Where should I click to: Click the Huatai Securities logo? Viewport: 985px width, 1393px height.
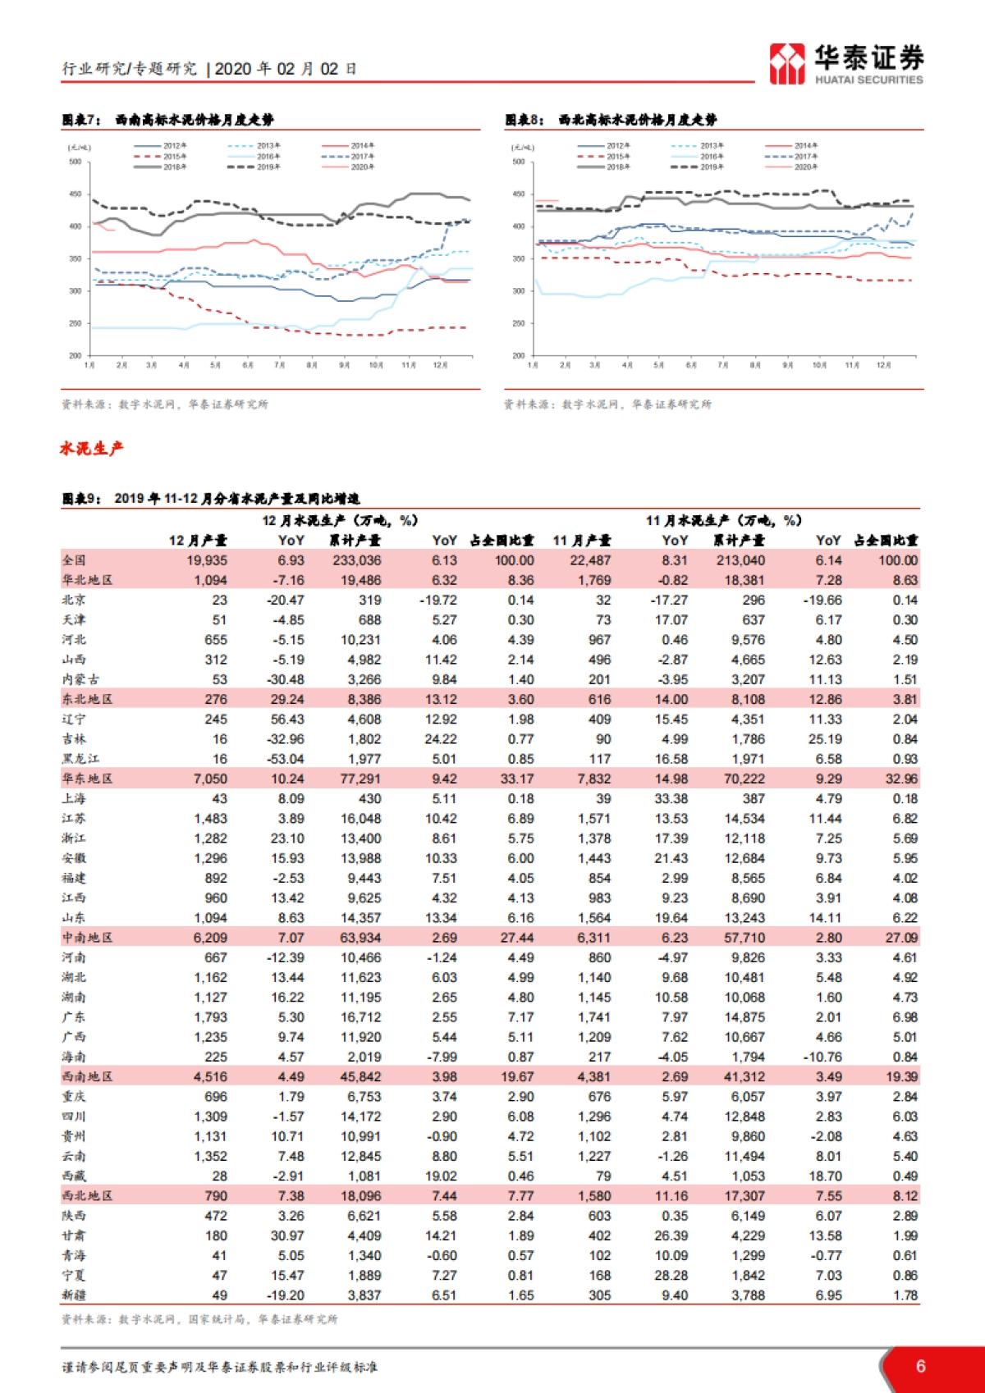click(x=845, y=63)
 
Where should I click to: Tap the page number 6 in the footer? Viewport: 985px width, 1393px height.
click(x=920, y=1366)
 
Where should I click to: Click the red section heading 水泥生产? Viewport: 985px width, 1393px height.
click(x=91, y=448)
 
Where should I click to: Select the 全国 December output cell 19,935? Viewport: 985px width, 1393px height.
click(x=206, y=560)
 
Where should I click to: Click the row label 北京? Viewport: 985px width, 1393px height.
click(x=74, y=600)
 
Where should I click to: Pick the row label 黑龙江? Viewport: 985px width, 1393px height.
click(x=80, y=759)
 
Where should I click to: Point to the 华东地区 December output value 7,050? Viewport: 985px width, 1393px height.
click(x=210, y=779)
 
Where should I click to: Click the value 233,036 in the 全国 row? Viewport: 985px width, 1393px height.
click(x=357, y=560)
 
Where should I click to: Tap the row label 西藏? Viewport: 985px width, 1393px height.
click(x=74, y=1176)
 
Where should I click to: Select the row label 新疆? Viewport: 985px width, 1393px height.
click(x=74, y=1295)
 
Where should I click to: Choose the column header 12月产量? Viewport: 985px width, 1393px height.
click(x=198, y=540)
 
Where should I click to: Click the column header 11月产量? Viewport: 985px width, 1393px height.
click(x=581, y=540)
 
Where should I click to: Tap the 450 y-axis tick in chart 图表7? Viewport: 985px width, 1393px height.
click(x=76, y=194)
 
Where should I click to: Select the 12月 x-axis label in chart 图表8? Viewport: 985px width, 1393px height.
click(x=883, y=364)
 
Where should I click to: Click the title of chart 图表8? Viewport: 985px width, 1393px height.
click(x=611, y=120)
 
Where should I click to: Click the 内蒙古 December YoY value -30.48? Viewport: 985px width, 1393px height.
click(x=285, y=679)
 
